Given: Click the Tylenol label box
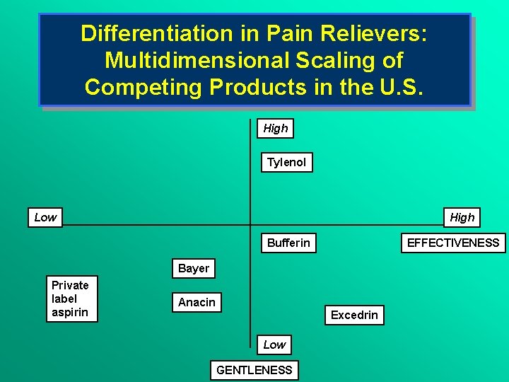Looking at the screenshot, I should (x=286, y=163).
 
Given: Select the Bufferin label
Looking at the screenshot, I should (x=288, y=243).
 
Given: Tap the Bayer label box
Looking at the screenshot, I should (x=194, y=269).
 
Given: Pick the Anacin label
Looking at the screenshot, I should (x=197, y=303).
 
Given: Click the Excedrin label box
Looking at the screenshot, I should (x=354, y=315).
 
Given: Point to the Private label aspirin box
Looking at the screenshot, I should (x=71, y=299).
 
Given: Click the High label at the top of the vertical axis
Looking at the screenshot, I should (x=276, y=128).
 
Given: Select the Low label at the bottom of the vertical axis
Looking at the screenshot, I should (x=274, y=345).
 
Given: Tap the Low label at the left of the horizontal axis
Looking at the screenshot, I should (x=45, y=217).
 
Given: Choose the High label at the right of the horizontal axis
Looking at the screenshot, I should (x=462, y=217).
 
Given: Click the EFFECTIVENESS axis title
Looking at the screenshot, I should (x=453, y=243).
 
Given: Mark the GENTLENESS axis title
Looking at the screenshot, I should (x=255, y=370).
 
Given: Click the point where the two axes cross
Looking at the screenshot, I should (x=250, y=226).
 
